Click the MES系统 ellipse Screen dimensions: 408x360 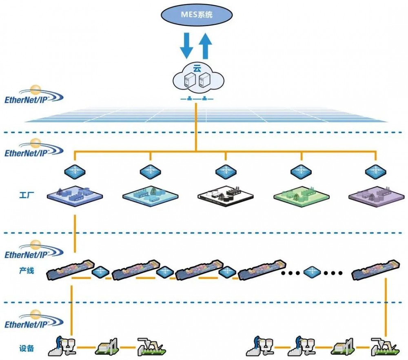(x=197, y=14)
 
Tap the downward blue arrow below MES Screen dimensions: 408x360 (x=186, y=46)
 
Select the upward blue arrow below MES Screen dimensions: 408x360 (x=205, y=46)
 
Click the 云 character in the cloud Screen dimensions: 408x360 (x=197, y=69)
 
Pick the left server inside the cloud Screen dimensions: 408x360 (x=189, y=80)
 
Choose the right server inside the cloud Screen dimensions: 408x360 (x=204, y=80)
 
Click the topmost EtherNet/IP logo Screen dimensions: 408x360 (x=34, y=95)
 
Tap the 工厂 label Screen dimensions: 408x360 (x=27, y=195)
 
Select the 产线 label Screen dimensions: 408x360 (x=27, y=271)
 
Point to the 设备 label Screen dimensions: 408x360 (x=27, y=348)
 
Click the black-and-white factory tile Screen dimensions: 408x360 (x=225, y=196)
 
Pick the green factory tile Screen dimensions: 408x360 (x=302, y=196)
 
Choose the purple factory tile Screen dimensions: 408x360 (x=377, y=196)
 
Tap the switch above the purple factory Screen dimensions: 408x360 (x=375, y=172)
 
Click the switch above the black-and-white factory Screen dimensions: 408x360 (x=226, y=172)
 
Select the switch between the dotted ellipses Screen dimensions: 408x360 (x=312, y=273)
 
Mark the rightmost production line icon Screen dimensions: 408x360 (x=375, y=269)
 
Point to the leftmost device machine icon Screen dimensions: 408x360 (x=62, y=346)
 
